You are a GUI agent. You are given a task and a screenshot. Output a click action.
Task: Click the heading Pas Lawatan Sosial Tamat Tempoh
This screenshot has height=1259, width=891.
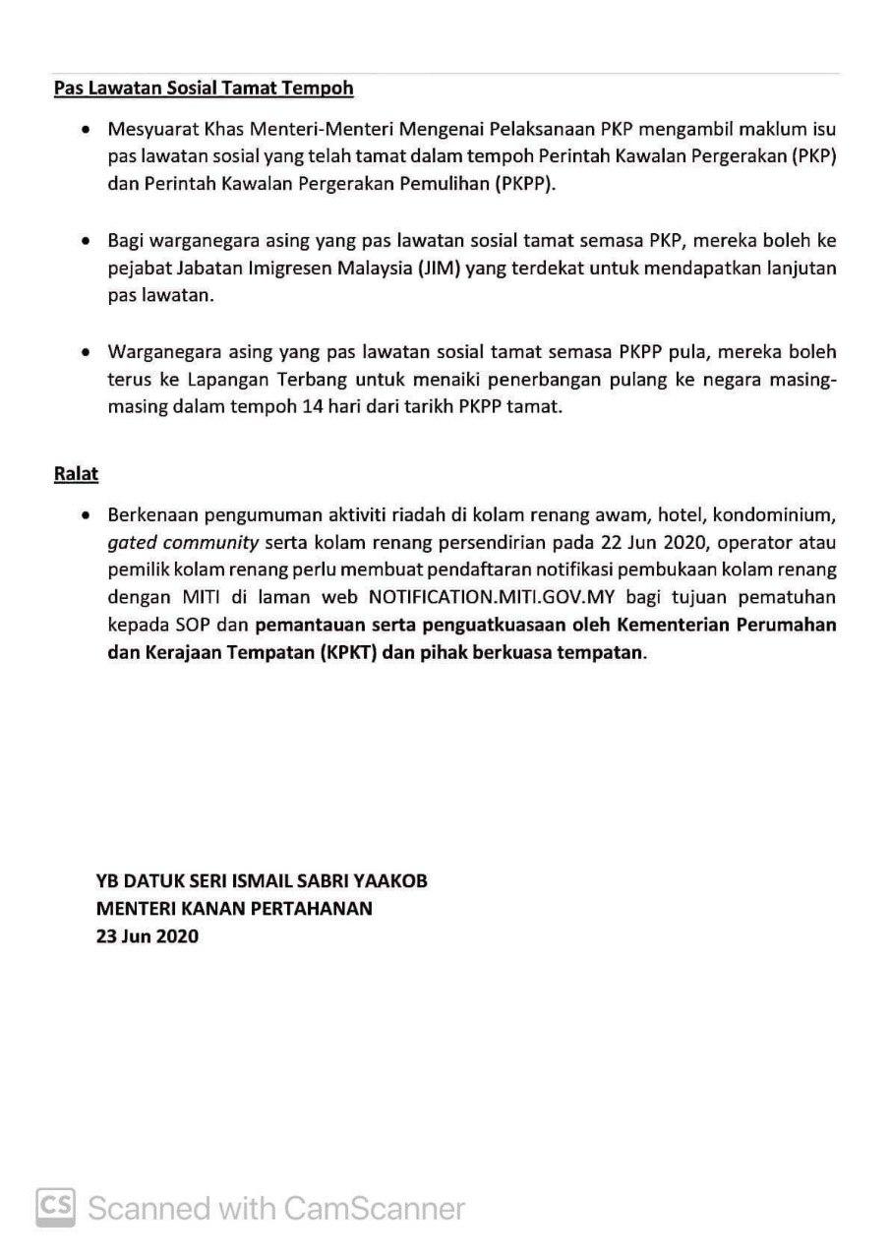click(204, 89)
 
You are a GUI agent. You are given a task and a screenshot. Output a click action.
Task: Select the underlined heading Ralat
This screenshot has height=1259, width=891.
click(76, 473)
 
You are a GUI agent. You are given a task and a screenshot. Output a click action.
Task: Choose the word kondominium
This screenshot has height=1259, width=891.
click(778, 514)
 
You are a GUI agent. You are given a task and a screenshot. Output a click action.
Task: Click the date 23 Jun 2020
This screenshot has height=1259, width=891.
click(148, 936)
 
